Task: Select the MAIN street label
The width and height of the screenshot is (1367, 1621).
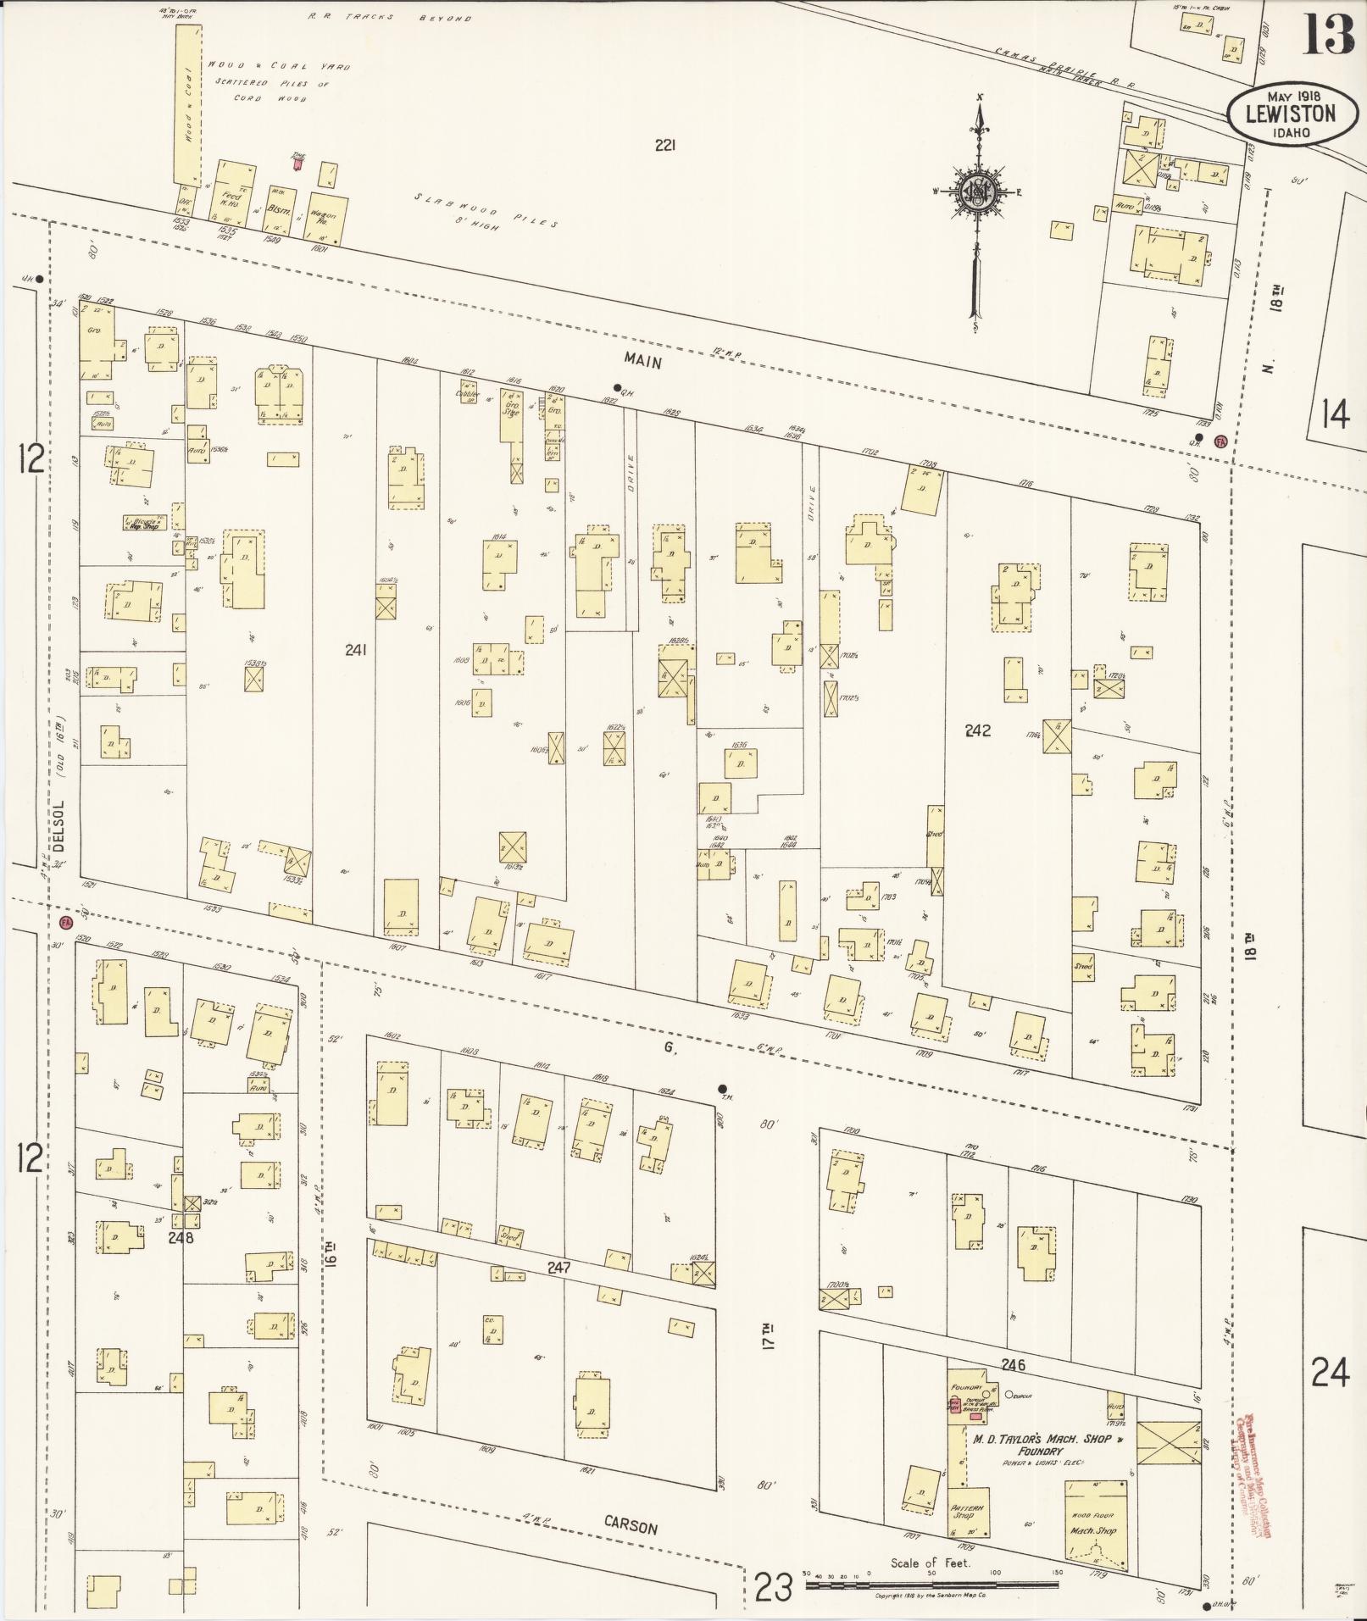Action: click(642, 360)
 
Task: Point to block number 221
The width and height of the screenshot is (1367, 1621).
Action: click(664, 146)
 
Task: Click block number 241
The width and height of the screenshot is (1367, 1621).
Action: click(356, 650)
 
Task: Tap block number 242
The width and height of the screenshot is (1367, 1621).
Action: click(977, 730)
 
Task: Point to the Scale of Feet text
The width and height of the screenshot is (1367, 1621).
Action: click(930, 1563)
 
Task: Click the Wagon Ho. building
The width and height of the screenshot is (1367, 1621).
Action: click(325, 219)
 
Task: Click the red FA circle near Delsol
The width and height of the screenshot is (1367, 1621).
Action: click(65, 921)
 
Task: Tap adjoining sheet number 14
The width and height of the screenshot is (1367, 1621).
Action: click(1334, 415)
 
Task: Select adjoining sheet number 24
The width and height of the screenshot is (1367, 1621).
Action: click(1329, 1372)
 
